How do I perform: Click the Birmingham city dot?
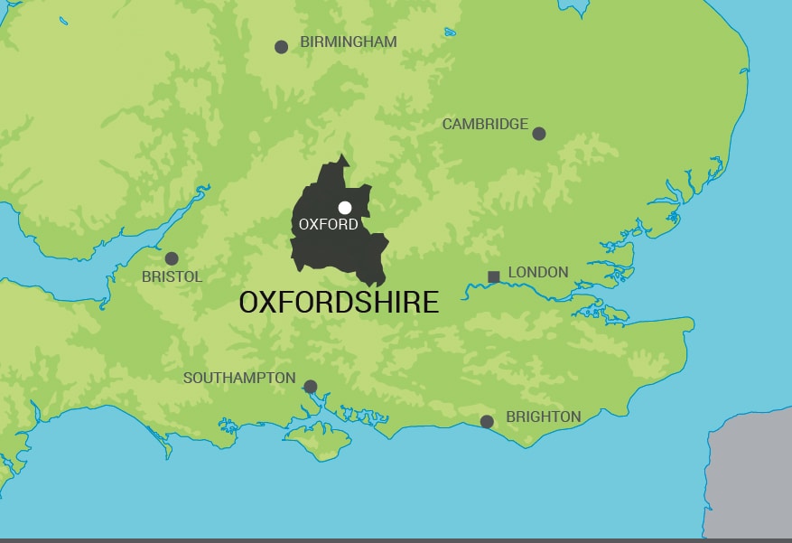281,47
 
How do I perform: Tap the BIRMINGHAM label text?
348,42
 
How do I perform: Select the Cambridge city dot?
539,134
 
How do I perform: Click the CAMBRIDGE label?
485,125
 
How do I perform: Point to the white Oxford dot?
345,208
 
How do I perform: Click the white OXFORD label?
328,225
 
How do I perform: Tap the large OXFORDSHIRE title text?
339,303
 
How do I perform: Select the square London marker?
493,276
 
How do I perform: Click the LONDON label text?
538,272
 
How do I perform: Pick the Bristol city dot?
172,258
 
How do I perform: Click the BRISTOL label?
172,277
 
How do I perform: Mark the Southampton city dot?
310,387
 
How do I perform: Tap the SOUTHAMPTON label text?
239,378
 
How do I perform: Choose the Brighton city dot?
487,421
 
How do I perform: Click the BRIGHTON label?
543,417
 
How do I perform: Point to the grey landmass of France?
750,479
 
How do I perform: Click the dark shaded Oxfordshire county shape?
325,253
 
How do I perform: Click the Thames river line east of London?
542,290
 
